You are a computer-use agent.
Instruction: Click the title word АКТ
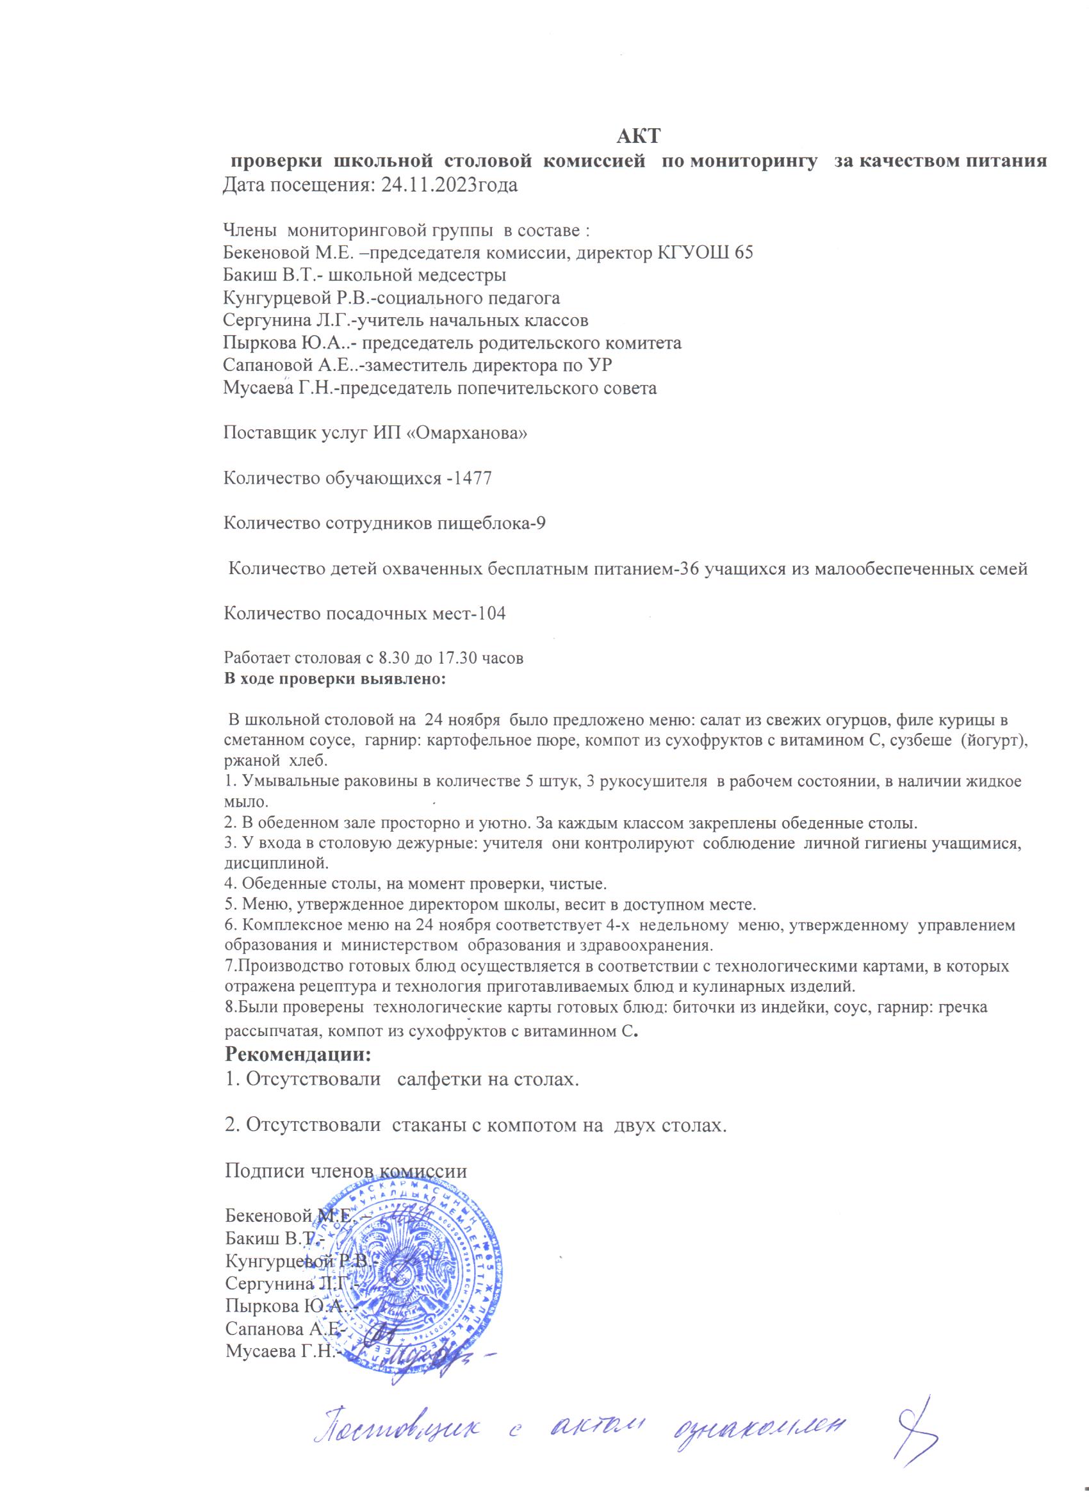coord(639,136)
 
